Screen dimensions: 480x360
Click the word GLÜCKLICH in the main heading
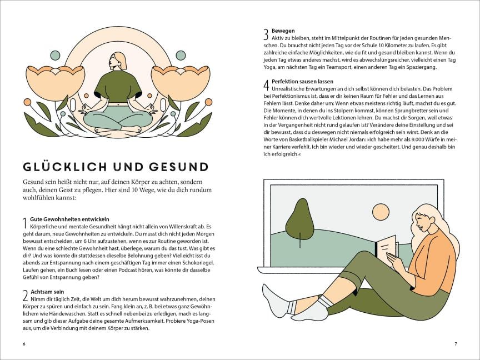click(x=65, y=167)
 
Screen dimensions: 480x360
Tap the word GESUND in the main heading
click(x=179, y=167)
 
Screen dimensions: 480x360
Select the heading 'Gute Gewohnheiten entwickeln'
click(x=69, y=219)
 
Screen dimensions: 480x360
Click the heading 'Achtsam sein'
click(x=47, y=292)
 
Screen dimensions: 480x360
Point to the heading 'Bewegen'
click(x=283, y=31)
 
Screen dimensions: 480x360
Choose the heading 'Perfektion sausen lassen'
click(x=302, y=82)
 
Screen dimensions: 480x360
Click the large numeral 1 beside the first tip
click(x=26, y=223)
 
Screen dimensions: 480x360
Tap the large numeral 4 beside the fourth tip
click(x=267, y=86)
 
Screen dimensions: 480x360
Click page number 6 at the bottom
click(x=24, y=344)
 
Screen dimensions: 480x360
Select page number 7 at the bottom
click(x=456, y=344)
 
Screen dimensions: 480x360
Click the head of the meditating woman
click(x=117, y=61)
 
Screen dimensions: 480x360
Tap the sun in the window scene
click(x=381, y=212)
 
